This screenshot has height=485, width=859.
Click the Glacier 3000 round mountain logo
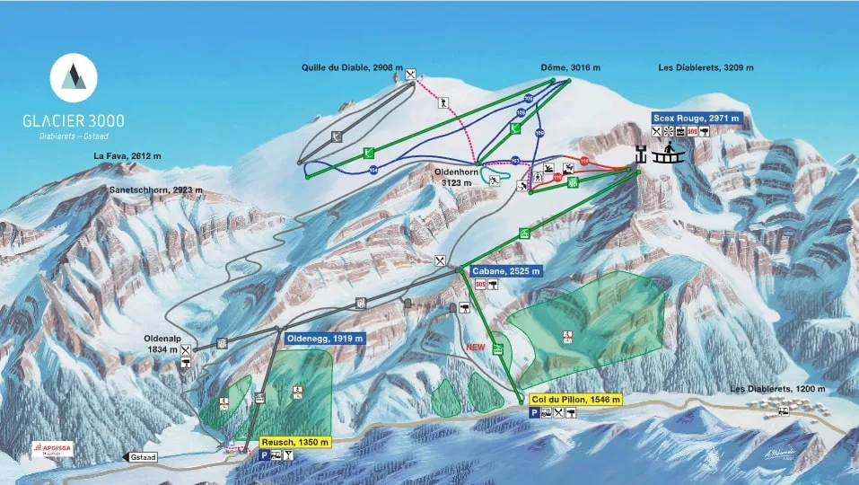pyautogui.click(x=75, y=77)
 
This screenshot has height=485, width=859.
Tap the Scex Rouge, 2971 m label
pyautogui.click(x=696, y=118)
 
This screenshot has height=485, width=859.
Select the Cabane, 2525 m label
pyautogui.click(x=505, y=271)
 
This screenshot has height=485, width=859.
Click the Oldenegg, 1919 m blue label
pyautogui.click(x=325, y=339)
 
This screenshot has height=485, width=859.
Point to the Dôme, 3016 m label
pyautogui.click(x=570, y=67)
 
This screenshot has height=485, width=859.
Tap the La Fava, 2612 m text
pyautogui.click(x=127, y=155)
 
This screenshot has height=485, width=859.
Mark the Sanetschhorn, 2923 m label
pyautogui.click(x=157, y=190)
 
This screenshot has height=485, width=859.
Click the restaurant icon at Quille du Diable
pyautogui.click(x=410, y=75)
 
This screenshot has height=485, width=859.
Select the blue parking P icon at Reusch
pyautogui.click(x=265, y=455)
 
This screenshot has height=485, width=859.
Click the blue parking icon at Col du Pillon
pyautogui.click(x=534, y=412)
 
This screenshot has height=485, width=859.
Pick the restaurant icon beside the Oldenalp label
pyautogui.click(x=185, y=349)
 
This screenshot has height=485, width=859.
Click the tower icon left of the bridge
pyautogui.click(x=640, y=154)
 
